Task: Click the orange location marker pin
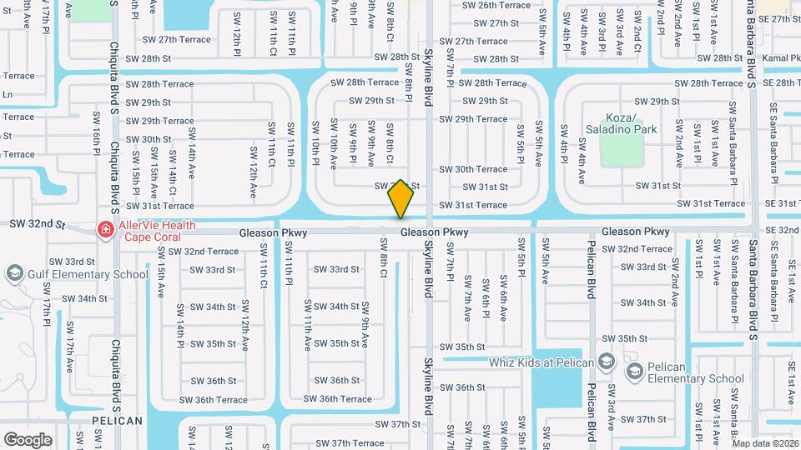[x=400, y=199]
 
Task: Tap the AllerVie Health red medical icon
[x=105, y=228]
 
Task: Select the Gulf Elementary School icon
[x=13, y=273]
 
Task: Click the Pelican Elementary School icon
[x=633, y=369]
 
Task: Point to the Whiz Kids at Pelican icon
[x=607, y=362]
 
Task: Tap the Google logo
[x=28, y=439]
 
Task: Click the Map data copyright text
[x=764, y=443]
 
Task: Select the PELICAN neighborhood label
[x=118, y=421]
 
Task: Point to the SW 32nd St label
[x=37, y=224]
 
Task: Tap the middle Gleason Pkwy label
[x=434, y=232]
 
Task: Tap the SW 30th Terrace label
[x=473, y=169]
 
